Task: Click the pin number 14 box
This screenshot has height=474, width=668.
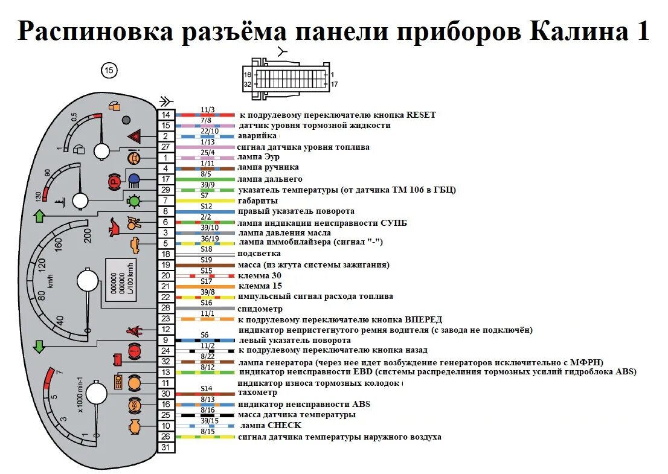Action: pyautogui.click(x=165, y=115)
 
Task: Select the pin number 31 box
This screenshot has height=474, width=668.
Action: pyautogui.click(x=165, y=447)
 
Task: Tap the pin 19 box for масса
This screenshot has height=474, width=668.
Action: pyautogui.click(x=165, y=265)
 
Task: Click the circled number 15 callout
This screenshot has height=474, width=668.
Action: pyautogui.click(x=108, y=71)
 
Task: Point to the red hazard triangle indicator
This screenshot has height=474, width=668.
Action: pyautogui.click(x=134, y=136)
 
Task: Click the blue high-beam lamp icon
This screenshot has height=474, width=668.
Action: pyautogui.click(x=133, y=179)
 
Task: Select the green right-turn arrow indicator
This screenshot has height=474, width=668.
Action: pyautogui.click(x=39, y=215)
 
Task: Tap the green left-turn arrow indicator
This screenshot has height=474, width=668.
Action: pyautogui.click(x=39, y=347)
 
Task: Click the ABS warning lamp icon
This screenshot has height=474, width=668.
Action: pyautogui.click(x=133, y=405)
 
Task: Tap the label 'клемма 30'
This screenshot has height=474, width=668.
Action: pyautogui.click(x=260, y=275)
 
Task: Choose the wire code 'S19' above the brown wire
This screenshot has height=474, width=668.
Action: pyautogui.click(x=206, y=260)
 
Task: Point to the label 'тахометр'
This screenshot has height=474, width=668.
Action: pyautogui.click(x=259, y=393)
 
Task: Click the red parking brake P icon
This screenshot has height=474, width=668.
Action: pyautogui.click(x=112, y=180)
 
